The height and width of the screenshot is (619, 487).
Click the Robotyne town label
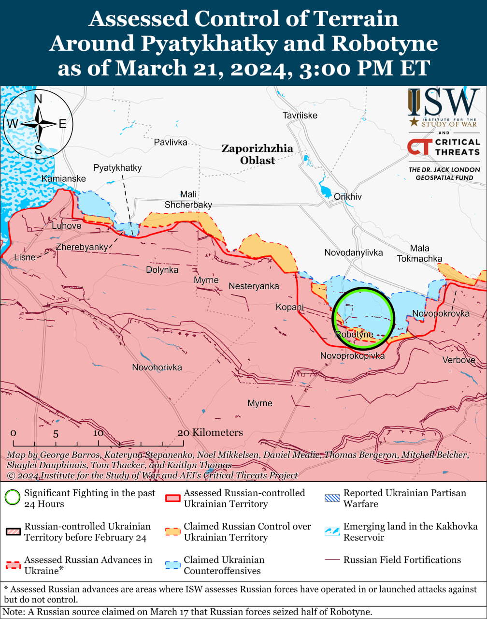coord(354,334)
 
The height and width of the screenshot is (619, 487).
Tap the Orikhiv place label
coord(347,197)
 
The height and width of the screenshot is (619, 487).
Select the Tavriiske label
coord(300,115)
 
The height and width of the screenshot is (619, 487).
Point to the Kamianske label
coord(64,179)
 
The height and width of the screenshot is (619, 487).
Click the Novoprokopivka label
coord(352,356)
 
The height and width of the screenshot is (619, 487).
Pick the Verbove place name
coord(458,360)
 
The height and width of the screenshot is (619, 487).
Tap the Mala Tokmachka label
coord(419,253)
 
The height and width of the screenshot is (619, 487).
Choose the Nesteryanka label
coord(254,286)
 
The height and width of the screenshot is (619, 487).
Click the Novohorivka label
coord(157,368)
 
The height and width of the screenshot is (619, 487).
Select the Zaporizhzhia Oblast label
coord(257,154)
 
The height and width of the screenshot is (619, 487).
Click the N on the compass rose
coord(38,100)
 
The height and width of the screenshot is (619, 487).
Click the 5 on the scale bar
coord(56,434)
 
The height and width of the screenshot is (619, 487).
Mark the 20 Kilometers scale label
coord(210,432)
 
